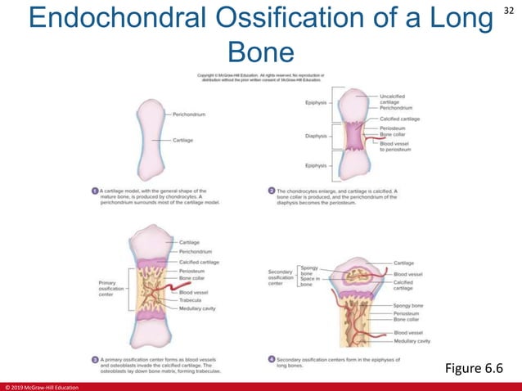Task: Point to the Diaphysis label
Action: [x=316, y=136]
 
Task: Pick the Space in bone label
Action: [x=310, y=281]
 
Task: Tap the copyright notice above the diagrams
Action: [x=262, y=78]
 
